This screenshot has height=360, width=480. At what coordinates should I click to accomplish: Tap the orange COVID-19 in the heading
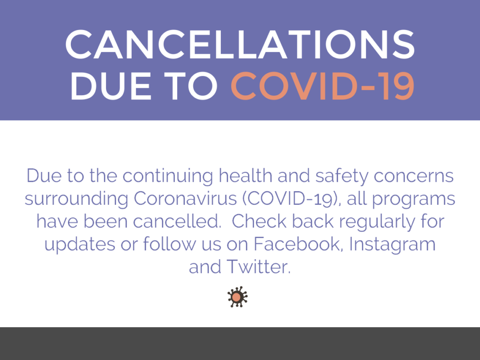click(x=322, y=86)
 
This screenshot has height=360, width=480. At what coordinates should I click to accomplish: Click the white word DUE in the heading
click(x=111, y=86)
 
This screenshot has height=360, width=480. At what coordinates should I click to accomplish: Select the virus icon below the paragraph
click(x=237, y=297)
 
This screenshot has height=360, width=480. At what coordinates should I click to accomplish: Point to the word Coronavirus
click(x=185, y=199)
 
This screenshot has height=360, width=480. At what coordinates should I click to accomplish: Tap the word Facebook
click(x=297, y=244)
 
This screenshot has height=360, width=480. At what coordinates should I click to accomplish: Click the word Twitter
click(x=258, y=267)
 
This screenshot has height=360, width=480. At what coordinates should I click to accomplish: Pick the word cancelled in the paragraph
click(x=177, y=221)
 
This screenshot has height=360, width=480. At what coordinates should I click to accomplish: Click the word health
click(x=245, y=176)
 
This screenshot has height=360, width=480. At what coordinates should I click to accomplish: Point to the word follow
click(x=170, y=244)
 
